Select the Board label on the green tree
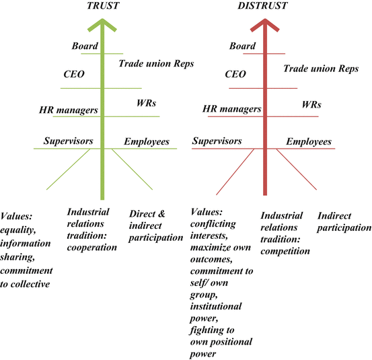(85, 46)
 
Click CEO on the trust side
(73, 74)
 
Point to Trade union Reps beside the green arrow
(156, 64)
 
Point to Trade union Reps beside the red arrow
(321, 68)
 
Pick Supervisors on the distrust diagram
(217, 141)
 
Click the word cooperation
(92, 246)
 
